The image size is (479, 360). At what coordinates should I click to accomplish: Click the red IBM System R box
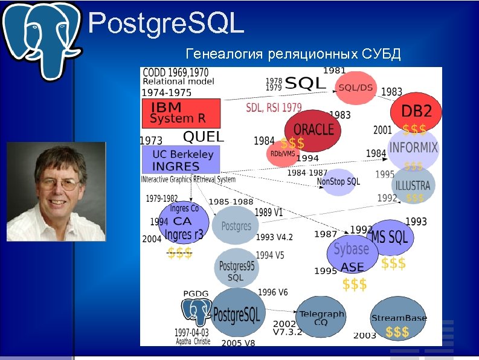[x=181, y=113]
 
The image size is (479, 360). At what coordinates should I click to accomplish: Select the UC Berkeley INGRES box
[x=180, y=159]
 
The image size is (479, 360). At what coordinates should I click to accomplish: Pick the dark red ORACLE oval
[x=312, y=129]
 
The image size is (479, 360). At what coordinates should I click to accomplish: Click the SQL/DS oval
[x=356, y=87]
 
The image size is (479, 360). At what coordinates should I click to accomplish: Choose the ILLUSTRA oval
[x=413, y=184]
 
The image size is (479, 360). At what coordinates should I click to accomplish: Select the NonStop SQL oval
[x=338, y=181]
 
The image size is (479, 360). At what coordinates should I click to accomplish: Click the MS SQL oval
[x=390, y=237]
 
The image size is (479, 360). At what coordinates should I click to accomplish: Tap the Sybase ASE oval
[x=352, y=254]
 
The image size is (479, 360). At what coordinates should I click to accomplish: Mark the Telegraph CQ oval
[x=321, y=318]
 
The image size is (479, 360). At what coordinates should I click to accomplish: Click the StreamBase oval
[x=399, y=318]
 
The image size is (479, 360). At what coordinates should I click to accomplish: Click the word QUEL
[x=203, y=137]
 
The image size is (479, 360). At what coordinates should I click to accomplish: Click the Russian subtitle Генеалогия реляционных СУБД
[x=294, y=55]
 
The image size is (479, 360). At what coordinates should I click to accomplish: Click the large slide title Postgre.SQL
[x=166, y=24]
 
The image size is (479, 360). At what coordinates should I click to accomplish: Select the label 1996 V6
[x=273, y=292]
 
